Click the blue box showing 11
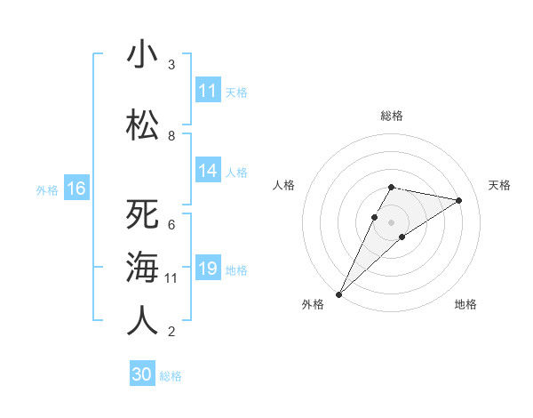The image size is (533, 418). coord(208,91)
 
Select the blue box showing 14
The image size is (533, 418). coord(208,172)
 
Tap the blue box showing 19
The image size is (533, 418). coord(208,269)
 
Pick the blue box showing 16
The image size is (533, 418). coord(76,189)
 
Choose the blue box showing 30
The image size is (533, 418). coord(141,374)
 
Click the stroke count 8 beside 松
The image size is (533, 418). coord(171,135)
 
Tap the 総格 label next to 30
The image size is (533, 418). coord(171,375)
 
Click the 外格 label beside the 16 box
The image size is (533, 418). coord(46,189)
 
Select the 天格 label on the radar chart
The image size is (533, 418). coord(499,185)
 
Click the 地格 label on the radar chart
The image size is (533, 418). coord(465,304)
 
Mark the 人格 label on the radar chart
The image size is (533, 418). coord(283,185)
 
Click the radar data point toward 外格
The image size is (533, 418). coord(338,293)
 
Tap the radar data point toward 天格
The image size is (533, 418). coord(458,200)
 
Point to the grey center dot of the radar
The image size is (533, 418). coord(391,222)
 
